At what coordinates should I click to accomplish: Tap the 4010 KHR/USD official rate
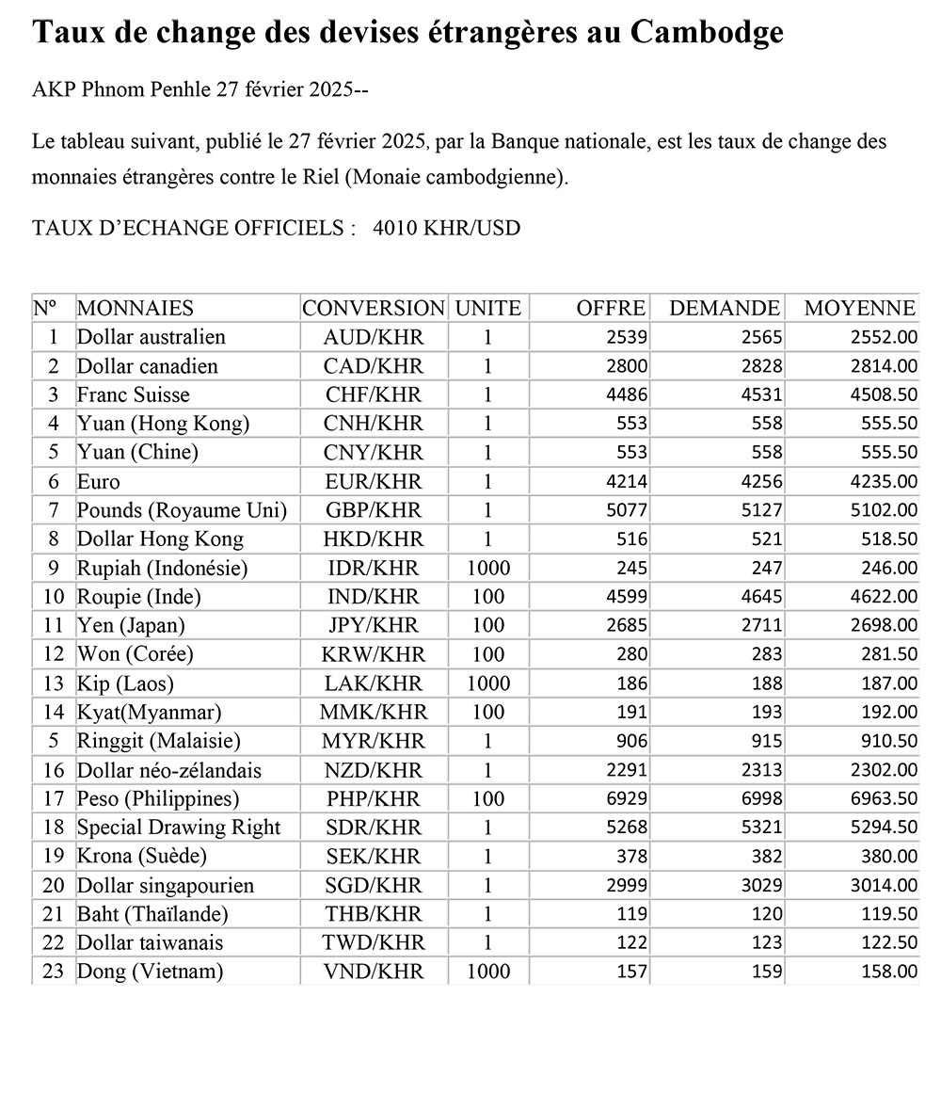point(446,228)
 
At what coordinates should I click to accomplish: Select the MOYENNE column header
point(859,308)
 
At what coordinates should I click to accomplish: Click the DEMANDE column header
point(724,308)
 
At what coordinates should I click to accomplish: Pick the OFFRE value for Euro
point(625,482)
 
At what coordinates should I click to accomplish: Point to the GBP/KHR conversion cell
point(374,510)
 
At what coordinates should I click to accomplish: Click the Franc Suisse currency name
point(133,394)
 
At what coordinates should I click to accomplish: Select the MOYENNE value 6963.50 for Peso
point(883,799)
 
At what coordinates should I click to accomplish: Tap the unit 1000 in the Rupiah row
point(488,568)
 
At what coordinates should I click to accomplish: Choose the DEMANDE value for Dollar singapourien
point(759,886)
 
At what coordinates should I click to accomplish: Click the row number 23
point(53,971)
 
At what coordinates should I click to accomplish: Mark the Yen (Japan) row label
point(131,625)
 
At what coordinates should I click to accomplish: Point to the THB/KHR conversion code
point(374,914)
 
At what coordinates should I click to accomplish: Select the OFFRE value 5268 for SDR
point(625,828)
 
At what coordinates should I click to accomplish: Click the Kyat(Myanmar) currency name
point(150,712)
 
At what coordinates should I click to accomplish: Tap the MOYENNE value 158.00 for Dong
point(889,972)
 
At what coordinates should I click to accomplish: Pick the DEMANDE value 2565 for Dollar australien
point(759,337)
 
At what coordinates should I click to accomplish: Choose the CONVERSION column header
point(374,308)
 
